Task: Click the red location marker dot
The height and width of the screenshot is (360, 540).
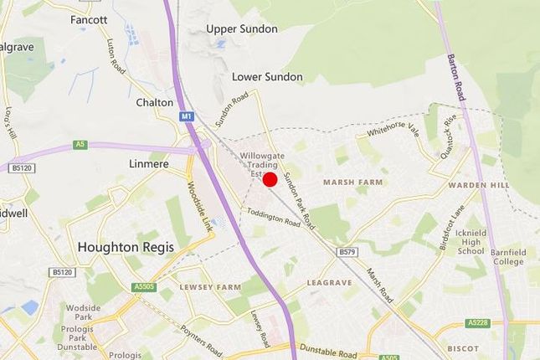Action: (270, 179)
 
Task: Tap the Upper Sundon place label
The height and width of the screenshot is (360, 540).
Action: (242, 28)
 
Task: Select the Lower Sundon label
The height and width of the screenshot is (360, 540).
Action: (267, 77)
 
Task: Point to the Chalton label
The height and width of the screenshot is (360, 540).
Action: (155, 102)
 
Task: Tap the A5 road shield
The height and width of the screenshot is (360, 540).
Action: (80, 144)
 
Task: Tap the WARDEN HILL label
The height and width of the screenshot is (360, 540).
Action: (478, 184)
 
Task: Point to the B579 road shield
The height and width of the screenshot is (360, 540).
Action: (347, 251)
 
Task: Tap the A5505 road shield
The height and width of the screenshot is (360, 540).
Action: (143, 286)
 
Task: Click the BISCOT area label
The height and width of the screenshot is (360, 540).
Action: (464, 347)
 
